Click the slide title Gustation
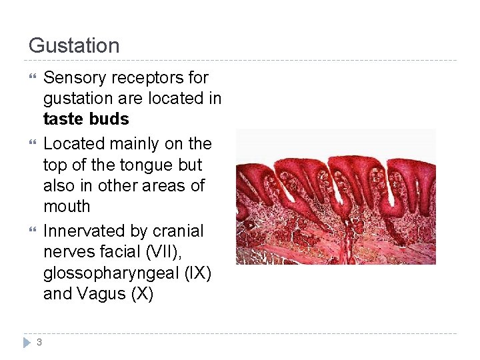pos(74,46)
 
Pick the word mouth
pos(67,207)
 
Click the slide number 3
pos(39,342)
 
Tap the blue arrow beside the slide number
pos(27,342)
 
